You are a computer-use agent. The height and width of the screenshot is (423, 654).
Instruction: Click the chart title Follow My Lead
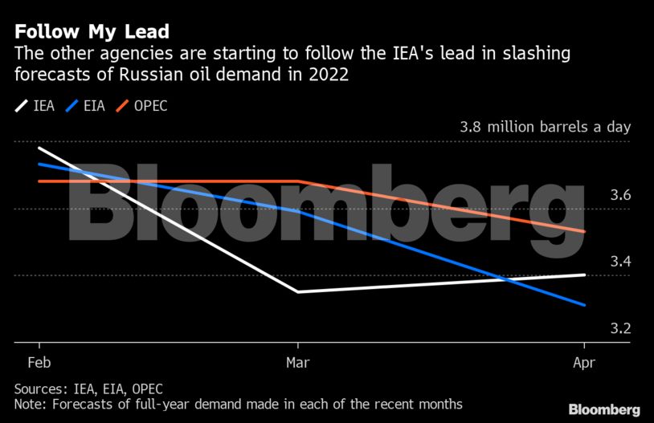tap(92, 32)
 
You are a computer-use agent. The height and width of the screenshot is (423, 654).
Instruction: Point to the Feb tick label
tap(38, 362)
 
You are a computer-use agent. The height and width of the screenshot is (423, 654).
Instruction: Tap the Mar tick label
tap(297, 362)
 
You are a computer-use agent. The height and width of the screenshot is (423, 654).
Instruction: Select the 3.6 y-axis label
tap(619, 196)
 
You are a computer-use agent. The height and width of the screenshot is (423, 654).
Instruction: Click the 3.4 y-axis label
tap(619, 262)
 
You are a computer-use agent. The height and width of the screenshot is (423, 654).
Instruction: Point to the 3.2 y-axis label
tap(619, 328)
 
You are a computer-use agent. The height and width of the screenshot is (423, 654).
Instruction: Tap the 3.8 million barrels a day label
tap(545, 127)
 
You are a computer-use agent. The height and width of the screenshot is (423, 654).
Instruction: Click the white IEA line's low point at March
tap(298, 292)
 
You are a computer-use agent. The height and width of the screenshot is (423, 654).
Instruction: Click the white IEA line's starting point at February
tap(39, 148)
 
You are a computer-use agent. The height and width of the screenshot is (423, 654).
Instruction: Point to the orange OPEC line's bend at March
tap(298, 181)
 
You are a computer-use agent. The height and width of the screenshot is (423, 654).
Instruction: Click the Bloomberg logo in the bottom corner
tap(604, 409)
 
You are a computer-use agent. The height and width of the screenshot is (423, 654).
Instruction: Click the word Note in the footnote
tap(30, 404)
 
